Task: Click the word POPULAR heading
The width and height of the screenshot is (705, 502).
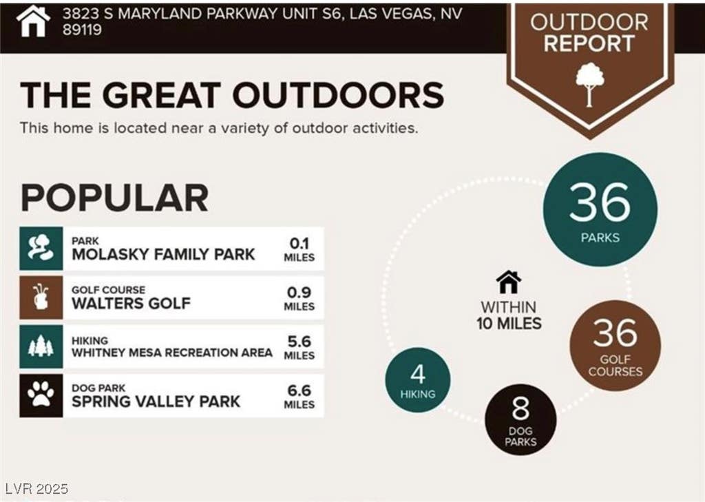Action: [115, 198]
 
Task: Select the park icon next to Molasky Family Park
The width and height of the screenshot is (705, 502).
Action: [41, 249]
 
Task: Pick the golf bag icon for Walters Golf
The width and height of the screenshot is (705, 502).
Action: [41, 297]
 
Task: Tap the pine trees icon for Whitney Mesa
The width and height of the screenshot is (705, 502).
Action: [41, 346]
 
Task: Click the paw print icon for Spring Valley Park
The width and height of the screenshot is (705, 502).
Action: [41, 395]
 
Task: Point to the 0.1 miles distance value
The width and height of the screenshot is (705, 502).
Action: [299, 249]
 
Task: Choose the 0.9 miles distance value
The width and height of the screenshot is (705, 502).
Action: [299, 298]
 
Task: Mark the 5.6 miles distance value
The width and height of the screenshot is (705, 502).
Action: [299, 347]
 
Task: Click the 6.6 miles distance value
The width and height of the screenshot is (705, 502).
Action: [299, 396]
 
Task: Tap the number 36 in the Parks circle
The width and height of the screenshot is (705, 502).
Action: [600, 202]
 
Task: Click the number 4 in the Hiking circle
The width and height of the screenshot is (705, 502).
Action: [418, 374]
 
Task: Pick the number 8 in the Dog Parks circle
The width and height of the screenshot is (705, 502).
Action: [520, 408]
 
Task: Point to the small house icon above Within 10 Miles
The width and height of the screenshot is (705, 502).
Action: [509, 282]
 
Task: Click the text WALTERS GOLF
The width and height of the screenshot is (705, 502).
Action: [131, 304]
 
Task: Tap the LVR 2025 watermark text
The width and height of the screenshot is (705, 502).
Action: [37, 488]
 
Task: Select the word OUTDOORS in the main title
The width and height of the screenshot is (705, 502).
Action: [338, 95]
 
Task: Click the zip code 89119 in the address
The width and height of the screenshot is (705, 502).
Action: [83, 30]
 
